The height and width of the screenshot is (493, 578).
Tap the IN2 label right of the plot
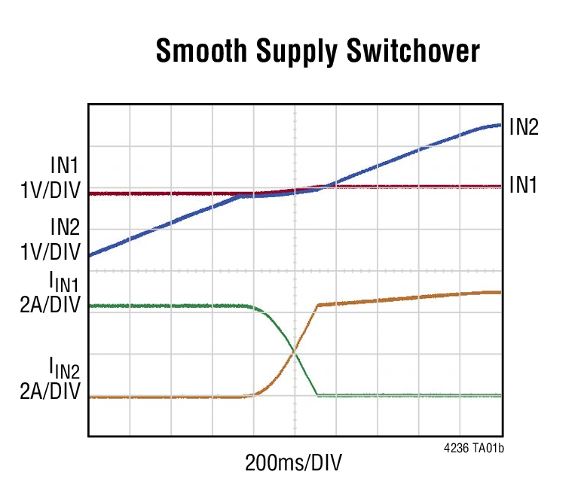[x=523, y=127]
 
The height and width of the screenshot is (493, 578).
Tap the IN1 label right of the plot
[x=523, y=184]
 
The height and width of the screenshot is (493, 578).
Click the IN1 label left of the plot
[x=65, y=165]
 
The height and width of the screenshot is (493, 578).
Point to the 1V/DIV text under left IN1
[x=50, y=190]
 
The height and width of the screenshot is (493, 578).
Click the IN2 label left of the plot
[x=65, y=227]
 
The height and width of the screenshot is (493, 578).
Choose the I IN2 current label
[x=65, y=368]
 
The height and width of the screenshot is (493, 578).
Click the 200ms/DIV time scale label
[x=295, y=462]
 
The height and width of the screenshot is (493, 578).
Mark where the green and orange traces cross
[x=294, y=351]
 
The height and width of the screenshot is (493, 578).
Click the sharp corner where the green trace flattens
[x=317, y=394]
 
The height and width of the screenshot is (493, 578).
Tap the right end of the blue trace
[x=500, y=125]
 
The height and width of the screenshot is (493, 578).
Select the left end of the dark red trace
[x=90, y=193]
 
